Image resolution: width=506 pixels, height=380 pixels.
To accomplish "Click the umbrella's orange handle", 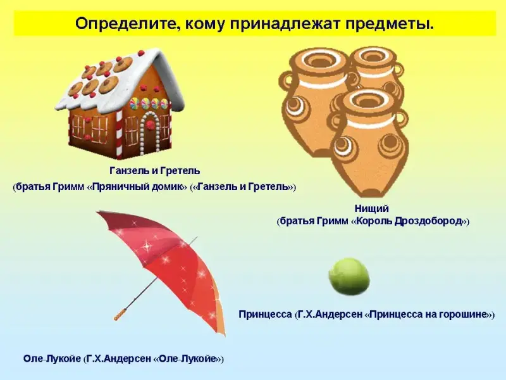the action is click(x=120, y=314).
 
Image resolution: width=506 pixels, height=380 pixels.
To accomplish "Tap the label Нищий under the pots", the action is click(x=371, y=209).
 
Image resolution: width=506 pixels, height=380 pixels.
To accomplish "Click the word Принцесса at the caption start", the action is click(x=265, y=314).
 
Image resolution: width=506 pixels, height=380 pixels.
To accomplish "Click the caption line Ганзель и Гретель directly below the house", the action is click(x=155, y=170).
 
